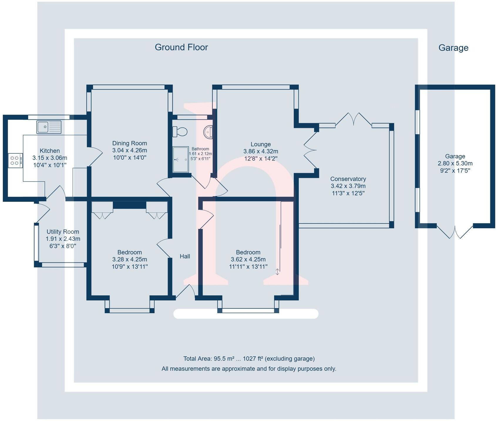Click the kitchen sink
(x=49, y=127)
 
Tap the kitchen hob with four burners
(x=15, y=160)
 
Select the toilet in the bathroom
(x=180, y=132)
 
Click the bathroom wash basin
(x=208, y=132)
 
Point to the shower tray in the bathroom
(x=180, y=159)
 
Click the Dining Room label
(x=129, y=143)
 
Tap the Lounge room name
(x=260, y=144)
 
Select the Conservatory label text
(x=348, y=179)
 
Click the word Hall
(x=185, y=256)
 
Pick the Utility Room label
(x=63, y=232)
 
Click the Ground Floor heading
(x=181, y=47)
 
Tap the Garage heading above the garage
(x=453, y=48)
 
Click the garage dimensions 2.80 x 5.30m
(x=455, y=163)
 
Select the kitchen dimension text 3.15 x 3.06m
(x=50, y=158)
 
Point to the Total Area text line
(x=249, y=358)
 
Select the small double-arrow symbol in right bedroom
(x=277, y=272)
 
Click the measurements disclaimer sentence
(x=249, y=368)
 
